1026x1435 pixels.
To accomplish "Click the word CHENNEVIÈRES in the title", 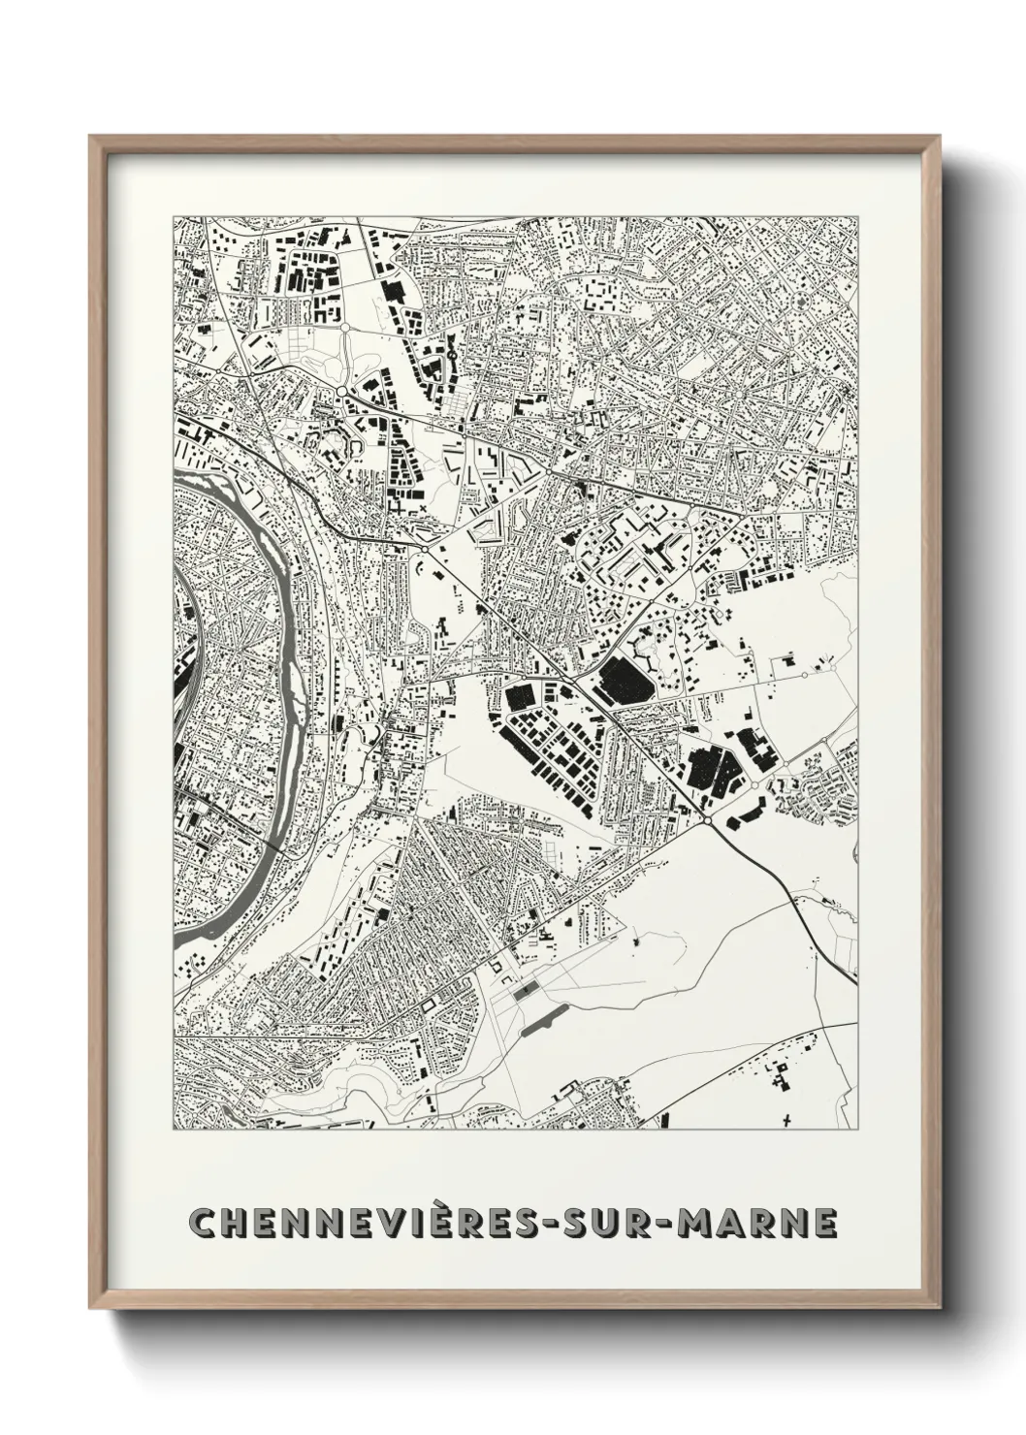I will point(363,1223).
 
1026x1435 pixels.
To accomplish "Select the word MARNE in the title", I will point(757,1223).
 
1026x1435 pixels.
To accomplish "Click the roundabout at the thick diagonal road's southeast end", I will point(710,821).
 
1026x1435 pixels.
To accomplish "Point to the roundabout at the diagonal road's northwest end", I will point(424,549).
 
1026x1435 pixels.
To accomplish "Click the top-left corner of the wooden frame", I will point(91,138).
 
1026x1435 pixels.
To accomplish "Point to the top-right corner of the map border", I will point(857,216).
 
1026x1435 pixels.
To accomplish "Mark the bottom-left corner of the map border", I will point(174,1130).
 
